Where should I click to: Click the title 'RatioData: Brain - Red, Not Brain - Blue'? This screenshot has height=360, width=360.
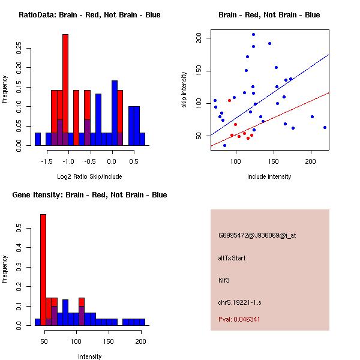coord(89,15)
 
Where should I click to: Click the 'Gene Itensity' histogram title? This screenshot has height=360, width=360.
coord(89,195)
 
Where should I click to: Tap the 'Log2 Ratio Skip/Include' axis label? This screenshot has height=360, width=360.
coord(89,176)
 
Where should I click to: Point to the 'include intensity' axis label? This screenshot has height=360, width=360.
coord(269,176)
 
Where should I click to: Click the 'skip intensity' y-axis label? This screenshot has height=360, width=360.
coord(185,90)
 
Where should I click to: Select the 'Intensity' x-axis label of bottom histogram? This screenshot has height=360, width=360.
coord(89,356)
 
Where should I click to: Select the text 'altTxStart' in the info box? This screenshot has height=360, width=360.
coord(232,258)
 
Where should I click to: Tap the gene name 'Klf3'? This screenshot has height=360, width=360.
coord(224,280)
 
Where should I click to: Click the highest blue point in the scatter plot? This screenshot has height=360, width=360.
coord(253,35)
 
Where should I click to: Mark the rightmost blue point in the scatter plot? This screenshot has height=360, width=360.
coord(325,127)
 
